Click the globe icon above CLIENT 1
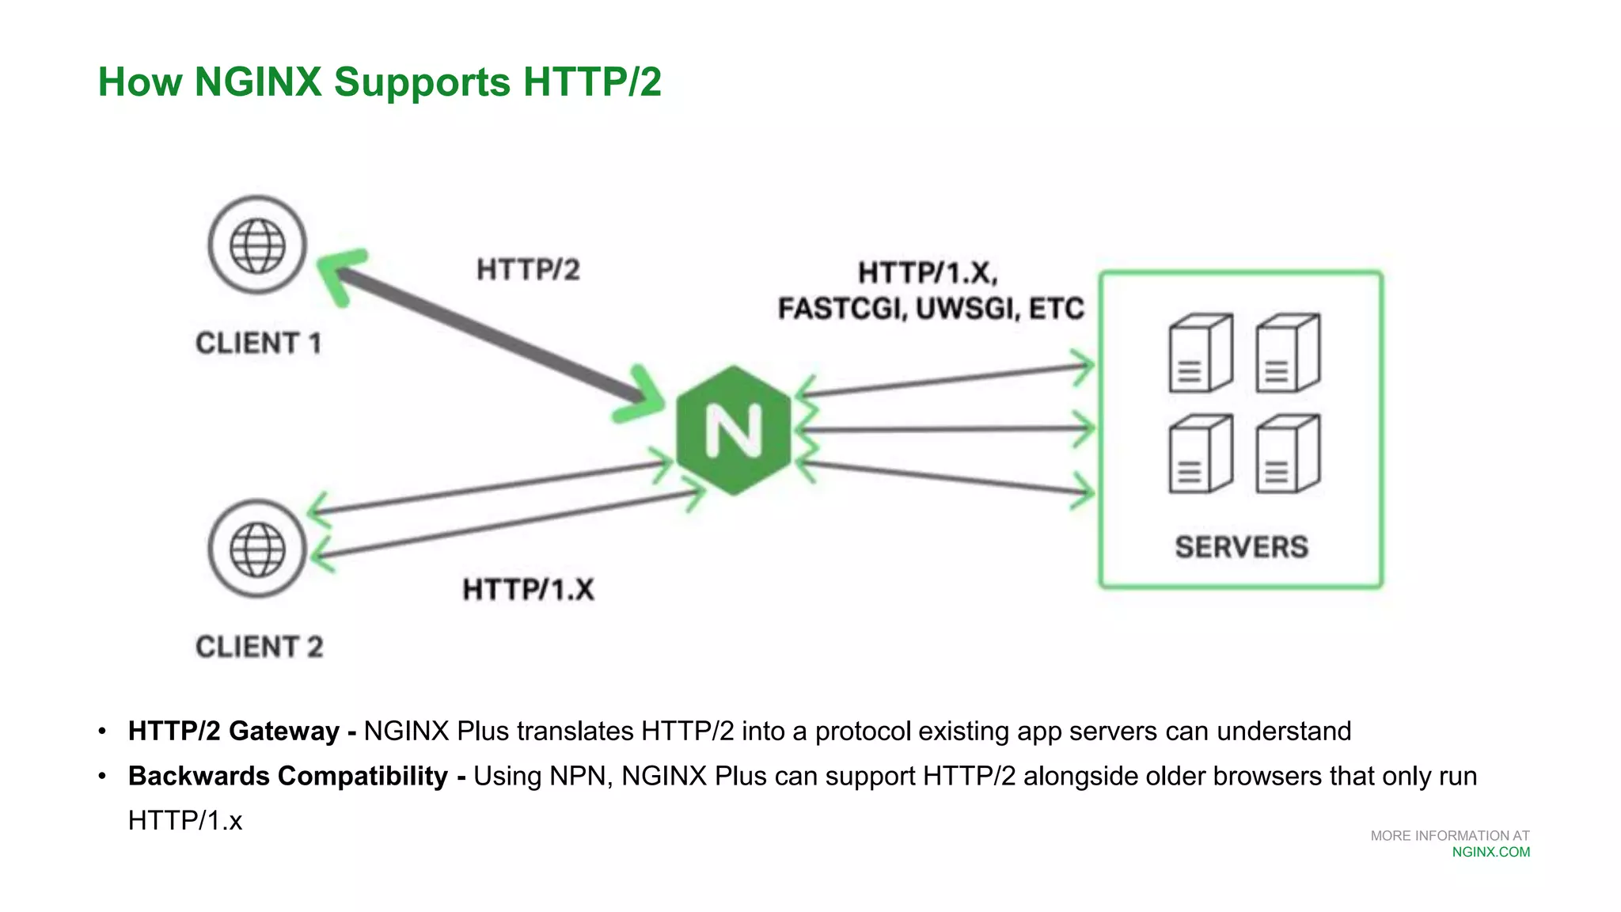257,245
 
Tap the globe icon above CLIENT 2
257,549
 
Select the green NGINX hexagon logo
734,431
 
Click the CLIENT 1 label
258,344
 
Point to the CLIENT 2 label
260,647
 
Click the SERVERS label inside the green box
1241,547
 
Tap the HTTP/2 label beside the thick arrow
528,270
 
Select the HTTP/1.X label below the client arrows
528,590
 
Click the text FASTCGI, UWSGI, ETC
931,309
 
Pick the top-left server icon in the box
1200,353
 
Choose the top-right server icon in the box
1288,353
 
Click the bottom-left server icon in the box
1200,454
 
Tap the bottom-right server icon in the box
1288,454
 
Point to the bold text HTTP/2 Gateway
233,731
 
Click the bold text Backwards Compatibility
288,776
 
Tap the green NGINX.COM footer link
1490,852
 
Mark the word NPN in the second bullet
581,776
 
